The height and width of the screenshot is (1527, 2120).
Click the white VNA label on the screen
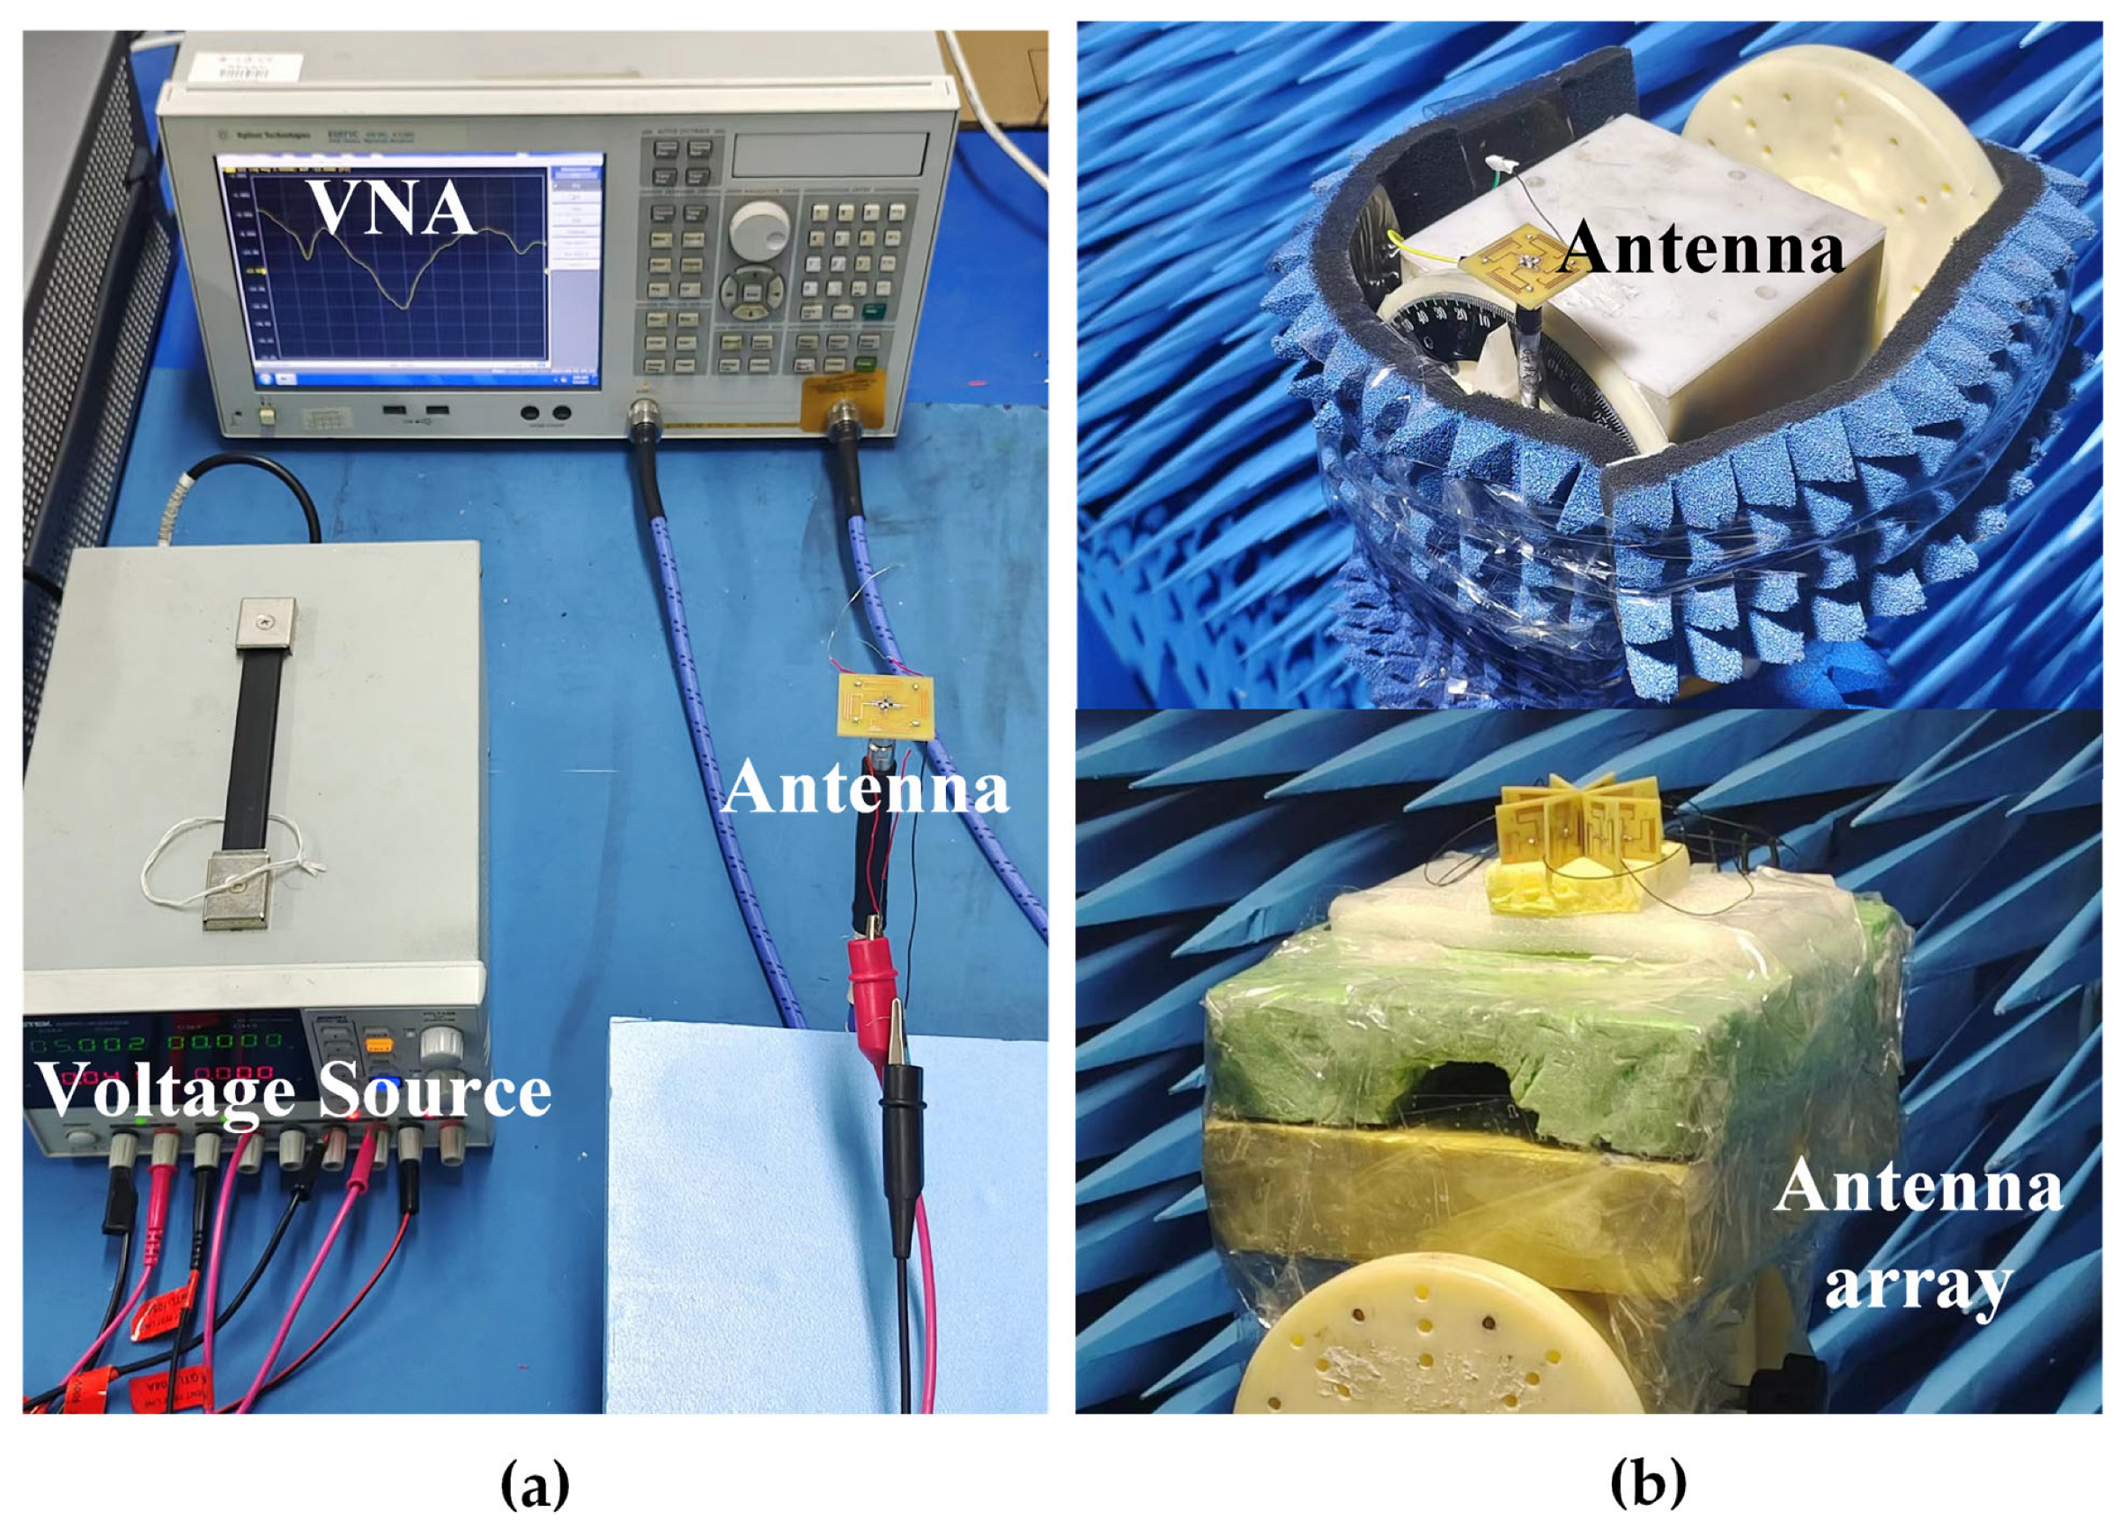point(392,208)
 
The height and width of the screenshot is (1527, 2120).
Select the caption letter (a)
point(535,1484)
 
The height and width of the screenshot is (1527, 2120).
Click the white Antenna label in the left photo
point(866,789)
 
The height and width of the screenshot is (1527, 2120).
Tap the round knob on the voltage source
point(440,1044)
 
